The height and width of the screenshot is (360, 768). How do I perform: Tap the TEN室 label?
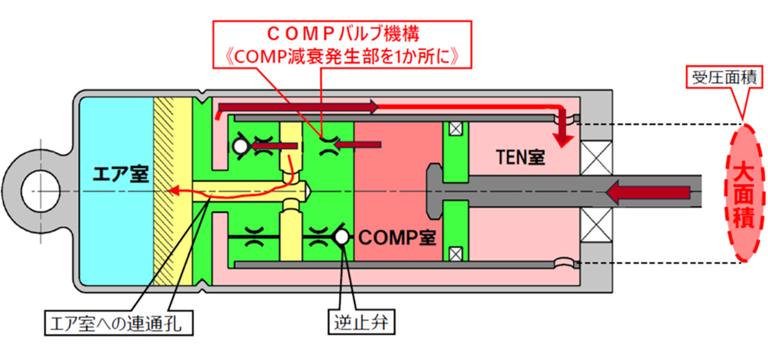click(520, 158)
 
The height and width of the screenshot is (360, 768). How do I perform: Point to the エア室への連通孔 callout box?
click(121, 324)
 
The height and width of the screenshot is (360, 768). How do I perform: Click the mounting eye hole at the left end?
click(37, 192)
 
